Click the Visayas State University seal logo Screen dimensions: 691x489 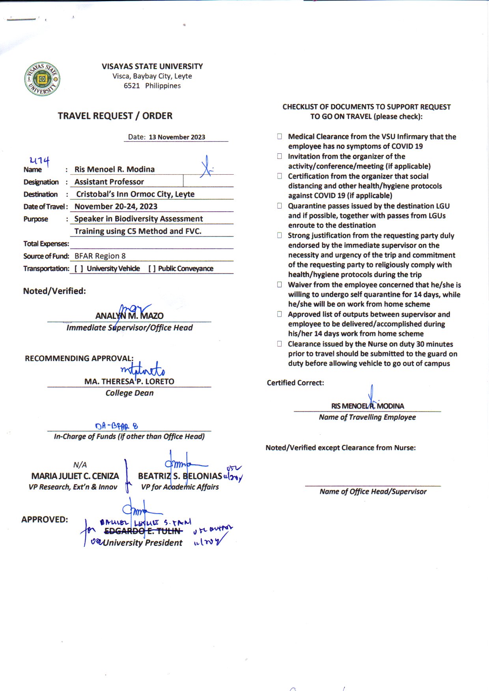click(42, 79)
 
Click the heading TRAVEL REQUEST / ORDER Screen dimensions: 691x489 click(115, 116)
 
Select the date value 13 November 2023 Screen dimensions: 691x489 click(177, 137)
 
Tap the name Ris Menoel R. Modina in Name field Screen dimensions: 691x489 click(114, 169)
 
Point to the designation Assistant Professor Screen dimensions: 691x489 click(109, 182)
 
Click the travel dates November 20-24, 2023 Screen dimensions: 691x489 click(116, 207)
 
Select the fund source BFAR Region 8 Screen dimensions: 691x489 click(100, 256)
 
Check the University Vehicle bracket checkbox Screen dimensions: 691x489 click(79, 269)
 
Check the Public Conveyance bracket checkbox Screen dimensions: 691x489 click(152, 269)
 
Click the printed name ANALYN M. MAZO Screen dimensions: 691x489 click(129, 316)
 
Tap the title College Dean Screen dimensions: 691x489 click(129, 393)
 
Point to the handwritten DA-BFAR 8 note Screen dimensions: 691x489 click(116, 426)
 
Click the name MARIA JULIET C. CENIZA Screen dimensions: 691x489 click(75, 476)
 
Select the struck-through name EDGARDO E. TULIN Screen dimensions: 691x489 click(143, 531)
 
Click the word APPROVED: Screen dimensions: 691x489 click(45, 520)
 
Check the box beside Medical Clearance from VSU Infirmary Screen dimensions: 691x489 click(280, 136)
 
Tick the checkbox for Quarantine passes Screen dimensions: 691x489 click(280, 206)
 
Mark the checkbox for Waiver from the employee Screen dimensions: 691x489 click(280, 285)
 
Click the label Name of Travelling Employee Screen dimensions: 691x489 click(367, 417)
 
